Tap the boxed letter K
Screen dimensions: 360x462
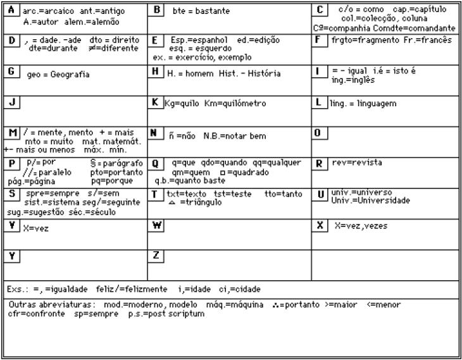coord(156,102)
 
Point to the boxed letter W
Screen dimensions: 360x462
coord(156,225)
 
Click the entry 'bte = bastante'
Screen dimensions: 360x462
coord(201,11)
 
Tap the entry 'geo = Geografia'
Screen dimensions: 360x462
coord(58,74)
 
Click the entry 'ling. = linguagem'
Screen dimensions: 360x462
coord(363,102)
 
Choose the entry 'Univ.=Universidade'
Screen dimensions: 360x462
coord(370,201)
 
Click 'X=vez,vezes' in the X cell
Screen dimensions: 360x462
coord(361,226)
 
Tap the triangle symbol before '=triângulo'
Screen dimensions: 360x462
coord(172,202)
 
